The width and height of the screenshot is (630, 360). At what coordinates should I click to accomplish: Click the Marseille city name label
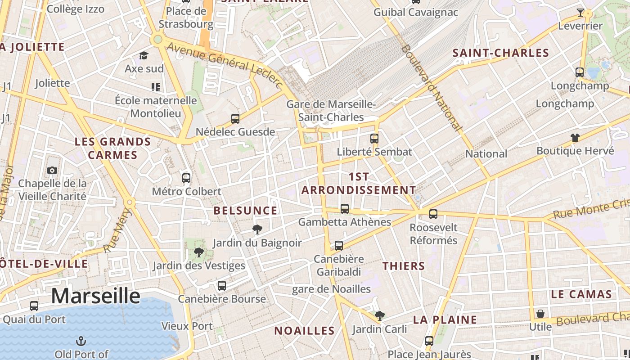[95, 296]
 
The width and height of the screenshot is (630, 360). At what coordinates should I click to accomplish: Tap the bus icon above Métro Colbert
[186, 178]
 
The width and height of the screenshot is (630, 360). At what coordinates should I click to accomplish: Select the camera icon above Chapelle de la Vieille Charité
[52, 170]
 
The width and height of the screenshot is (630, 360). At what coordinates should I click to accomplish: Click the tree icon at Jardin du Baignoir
[257, 230]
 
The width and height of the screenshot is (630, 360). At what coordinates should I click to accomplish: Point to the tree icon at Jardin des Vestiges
[198, 252]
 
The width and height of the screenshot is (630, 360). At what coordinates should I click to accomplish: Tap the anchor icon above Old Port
[81, 341]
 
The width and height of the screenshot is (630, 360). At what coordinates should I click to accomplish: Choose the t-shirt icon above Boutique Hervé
[575, 138]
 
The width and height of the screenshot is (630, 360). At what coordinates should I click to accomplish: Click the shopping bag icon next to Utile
[540, 313]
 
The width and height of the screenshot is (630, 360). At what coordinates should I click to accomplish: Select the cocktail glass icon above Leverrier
[580, 13]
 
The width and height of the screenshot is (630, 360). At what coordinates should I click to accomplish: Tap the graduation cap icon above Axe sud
[144, 55]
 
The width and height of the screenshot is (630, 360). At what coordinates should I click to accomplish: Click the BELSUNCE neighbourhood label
[245, 211]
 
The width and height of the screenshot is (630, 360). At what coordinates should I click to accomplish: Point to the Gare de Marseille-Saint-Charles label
[331, 111]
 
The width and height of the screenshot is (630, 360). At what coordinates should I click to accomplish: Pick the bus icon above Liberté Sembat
[374, 138]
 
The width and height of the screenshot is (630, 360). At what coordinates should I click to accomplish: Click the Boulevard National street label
[432, 88]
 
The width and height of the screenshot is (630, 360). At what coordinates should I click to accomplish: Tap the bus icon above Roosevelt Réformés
[433, 214]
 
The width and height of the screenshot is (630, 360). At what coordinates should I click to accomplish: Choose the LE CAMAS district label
[581, 295]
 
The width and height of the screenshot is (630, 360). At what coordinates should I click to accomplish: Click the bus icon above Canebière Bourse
[221, 285]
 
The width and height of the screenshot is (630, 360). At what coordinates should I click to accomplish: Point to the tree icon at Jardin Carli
[379, 316]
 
